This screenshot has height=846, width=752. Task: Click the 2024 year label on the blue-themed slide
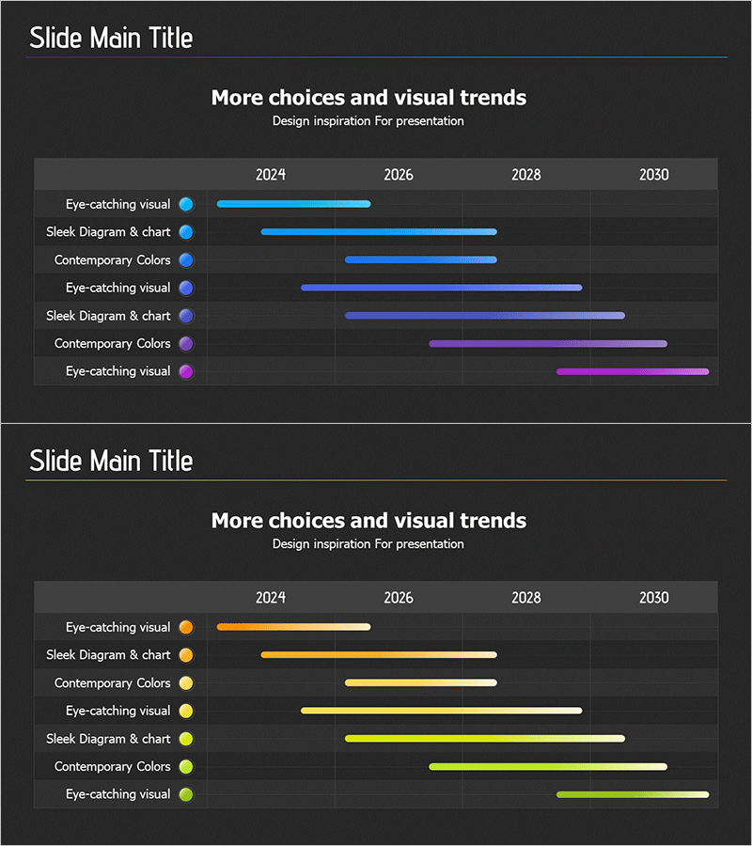click(271, 175)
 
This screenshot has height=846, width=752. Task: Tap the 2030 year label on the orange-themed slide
click(654, 598)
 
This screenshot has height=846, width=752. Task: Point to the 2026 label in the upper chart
click(399, 175)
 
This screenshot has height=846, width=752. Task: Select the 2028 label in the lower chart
click(526, 598)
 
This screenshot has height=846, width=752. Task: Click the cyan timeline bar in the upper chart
click(293, 204)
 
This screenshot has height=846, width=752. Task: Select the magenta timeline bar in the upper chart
click(633, 371)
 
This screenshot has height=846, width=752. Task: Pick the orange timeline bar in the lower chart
click(293, 627)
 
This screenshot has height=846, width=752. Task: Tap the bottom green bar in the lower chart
click(633, 794)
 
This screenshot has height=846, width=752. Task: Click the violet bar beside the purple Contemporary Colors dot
click(548, 344)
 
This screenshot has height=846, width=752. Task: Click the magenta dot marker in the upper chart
click(186, 371)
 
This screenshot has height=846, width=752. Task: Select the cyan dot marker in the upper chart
click(186, 204)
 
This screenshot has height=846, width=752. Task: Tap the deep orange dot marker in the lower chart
click(186, 627)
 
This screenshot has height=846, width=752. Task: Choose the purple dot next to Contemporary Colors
click(186, 344)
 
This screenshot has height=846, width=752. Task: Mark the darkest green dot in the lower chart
click(186, 794)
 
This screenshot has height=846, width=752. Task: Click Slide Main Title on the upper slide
click(111, 39)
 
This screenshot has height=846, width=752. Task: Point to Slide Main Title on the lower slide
click(111, 462)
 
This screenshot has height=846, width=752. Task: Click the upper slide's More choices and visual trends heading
click(368, 98)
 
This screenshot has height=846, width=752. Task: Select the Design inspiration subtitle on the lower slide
click(368, 543)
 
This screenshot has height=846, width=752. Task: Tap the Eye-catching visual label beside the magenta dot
click(118, 371)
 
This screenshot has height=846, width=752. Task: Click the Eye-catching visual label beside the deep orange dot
click(118, 627)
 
